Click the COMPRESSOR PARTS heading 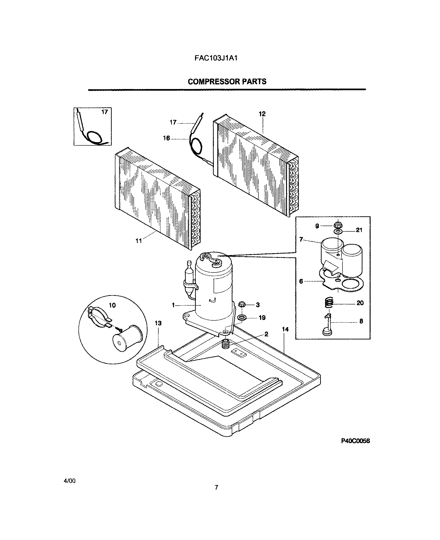point(227,81)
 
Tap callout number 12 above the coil point(262,114)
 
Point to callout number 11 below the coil point(139,241)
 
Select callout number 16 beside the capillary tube point(166,138)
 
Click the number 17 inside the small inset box point(105,112)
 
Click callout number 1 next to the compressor point(173,305)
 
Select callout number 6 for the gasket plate point(301,281)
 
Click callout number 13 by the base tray point(158,323)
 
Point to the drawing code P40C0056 point(355,441)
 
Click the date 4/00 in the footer point(70,481)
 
